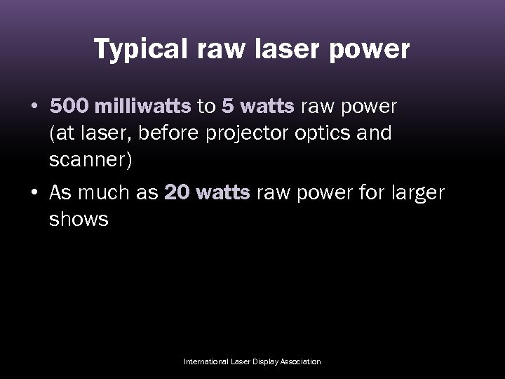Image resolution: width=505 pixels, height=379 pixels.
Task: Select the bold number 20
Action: point(176,193)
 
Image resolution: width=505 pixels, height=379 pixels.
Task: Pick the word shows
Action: point(79,219)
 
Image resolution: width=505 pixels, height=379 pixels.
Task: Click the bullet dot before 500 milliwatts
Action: point(34,107)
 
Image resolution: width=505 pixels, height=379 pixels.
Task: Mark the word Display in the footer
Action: point(261,361)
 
